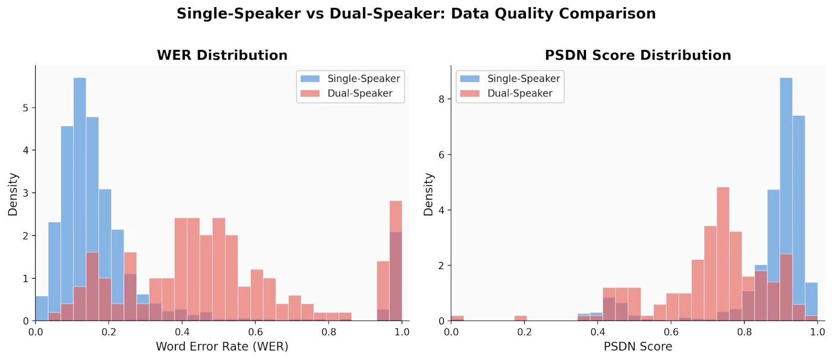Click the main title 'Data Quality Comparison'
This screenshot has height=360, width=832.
coord(553,14)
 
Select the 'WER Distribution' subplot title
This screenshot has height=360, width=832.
coord(222,55)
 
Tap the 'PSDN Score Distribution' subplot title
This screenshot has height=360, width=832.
coord(638,55)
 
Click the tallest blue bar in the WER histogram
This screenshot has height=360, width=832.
coord(80,199)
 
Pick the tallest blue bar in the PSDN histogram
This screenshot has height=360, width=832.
coord(786,199)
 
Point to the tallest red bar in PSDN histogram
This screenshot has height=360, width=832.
coord(723,254)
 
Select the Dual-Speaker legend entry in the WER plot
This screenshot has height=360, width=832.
coord(346,93)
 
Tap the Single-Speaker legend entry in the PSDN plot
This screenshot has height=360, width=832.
coord(510,78)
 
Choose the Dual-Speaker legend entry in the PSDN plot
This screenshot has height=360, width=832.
coord(506,93)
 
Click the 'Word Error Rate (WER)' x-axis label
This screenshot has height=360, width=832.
coord(222,346)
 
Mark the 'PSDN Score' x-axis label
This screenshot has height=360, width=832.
coord(638,346)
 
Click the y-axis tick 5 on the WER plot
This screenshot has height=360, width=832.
coord(25,108)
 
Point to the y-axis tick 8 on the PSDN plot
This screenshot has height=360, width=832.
coord(441,99)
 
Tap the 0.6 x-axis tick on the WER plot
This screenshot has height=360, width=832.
coord(255,331)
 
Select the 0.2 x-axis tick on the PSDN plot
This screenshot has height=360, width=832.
coord(524,331)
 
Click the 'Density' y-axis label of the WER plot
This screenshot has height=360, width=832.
coord(13,194)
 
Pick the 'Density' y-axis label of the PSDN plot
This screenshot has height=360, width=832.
coord(428,194)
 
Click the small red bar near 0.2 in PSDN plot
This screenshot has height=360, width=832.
coord(521,318)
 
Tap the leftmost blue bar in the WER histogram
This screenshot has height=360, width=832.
coord(42,308)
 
